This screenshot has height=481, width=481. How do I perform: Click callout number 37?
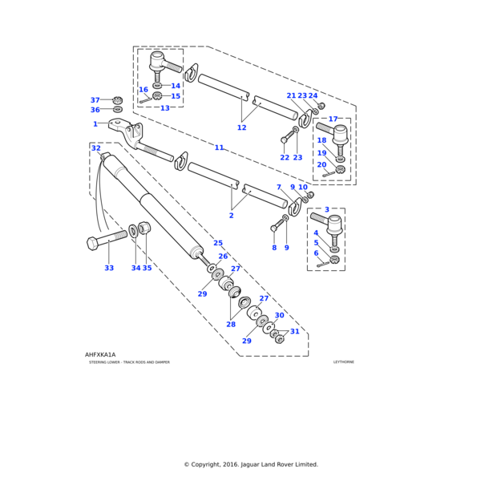point(95,100)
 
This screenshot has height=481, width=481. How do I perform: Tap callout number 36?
point(95,110)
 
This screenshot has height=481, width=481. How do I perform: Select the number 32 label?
point(95,148)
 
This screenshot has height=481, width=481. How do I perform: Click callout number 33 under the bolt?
point(109,268)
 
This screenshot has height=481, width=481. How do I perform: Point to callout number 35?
point(147,268)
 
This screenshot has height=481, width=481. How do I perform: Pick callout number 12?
point(241,127)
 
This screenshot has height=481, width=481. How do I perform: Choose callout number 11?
point(219,148)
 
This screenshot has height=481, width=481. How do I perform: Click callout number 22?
point(285,157)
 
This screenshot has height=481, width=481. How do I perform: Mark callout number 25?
point(218,243)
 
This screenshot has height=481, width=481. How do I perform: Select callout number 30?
point(279,315)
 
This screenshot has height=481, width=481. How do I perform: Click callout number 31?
point(295,332)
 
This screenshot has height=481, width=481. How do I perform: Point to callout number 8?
point(273,248)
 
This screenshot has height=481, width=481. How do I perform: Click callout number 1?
point(95,124)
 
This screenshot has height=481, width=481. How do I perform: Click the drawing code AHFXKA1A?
point(100,354)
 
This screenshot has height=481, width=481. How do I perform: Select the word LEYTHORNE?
point(343,362)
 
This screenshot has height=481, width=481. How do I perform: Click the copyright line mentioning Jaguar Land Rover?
point(250,464)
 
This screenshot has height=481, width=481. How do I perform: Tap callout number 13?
point(164,108)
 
